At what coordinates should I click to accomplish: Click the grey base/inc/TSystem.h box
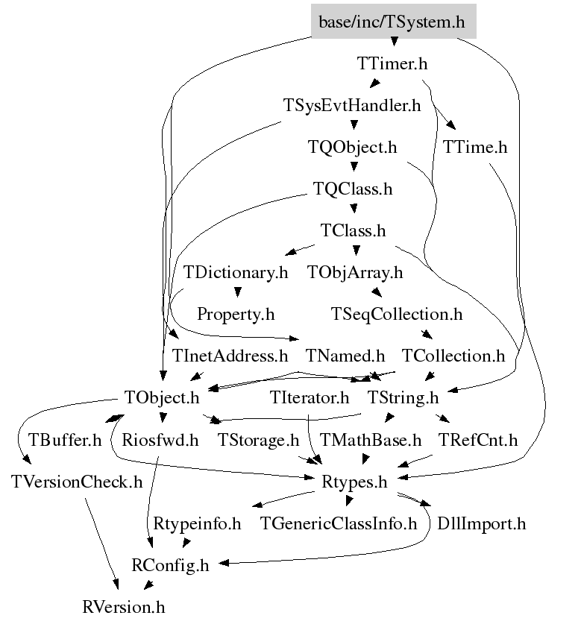[x=392, y=22]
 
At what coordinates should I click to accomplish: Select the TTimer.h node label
[x=393, y=64]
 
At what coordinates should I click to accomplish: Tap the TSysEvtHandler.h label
[x=352, y=106]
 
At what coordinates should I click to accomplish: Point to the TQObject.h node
[x=352, y=148]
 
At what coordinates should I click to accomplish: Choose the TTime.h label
[x=474, y=148]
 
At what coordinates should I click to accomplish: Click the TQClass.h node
[x=352, y=189]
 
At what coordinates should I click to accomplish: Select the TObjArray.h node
[x=355, y=273]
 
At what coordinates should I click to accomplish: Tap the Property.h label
[x=236, y=315]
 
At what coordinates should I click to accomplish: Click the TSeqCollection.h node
[x=397, y=315]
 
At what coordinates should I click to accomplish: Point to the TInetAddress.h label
[x=230, y=356]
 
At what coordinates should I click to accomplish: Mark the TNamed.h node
[x=345, y=356]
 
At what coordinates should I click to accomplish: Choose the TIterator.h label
[x=310, y=398]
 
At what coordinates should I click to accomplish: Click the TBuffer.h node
[x=65, y=440]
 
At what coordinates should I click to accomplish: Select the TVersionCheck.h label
[x=77, y=482]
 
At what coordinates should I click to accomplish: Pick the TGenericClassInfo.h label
[x=338, y=523]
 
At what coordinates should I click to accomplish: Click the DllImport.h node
[x=481, y=523]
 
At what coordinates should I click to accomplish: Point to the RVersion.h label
[x=123, y=607]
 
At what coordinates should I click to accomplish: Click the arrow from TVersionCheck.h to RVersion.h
[x=101, y=544]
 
